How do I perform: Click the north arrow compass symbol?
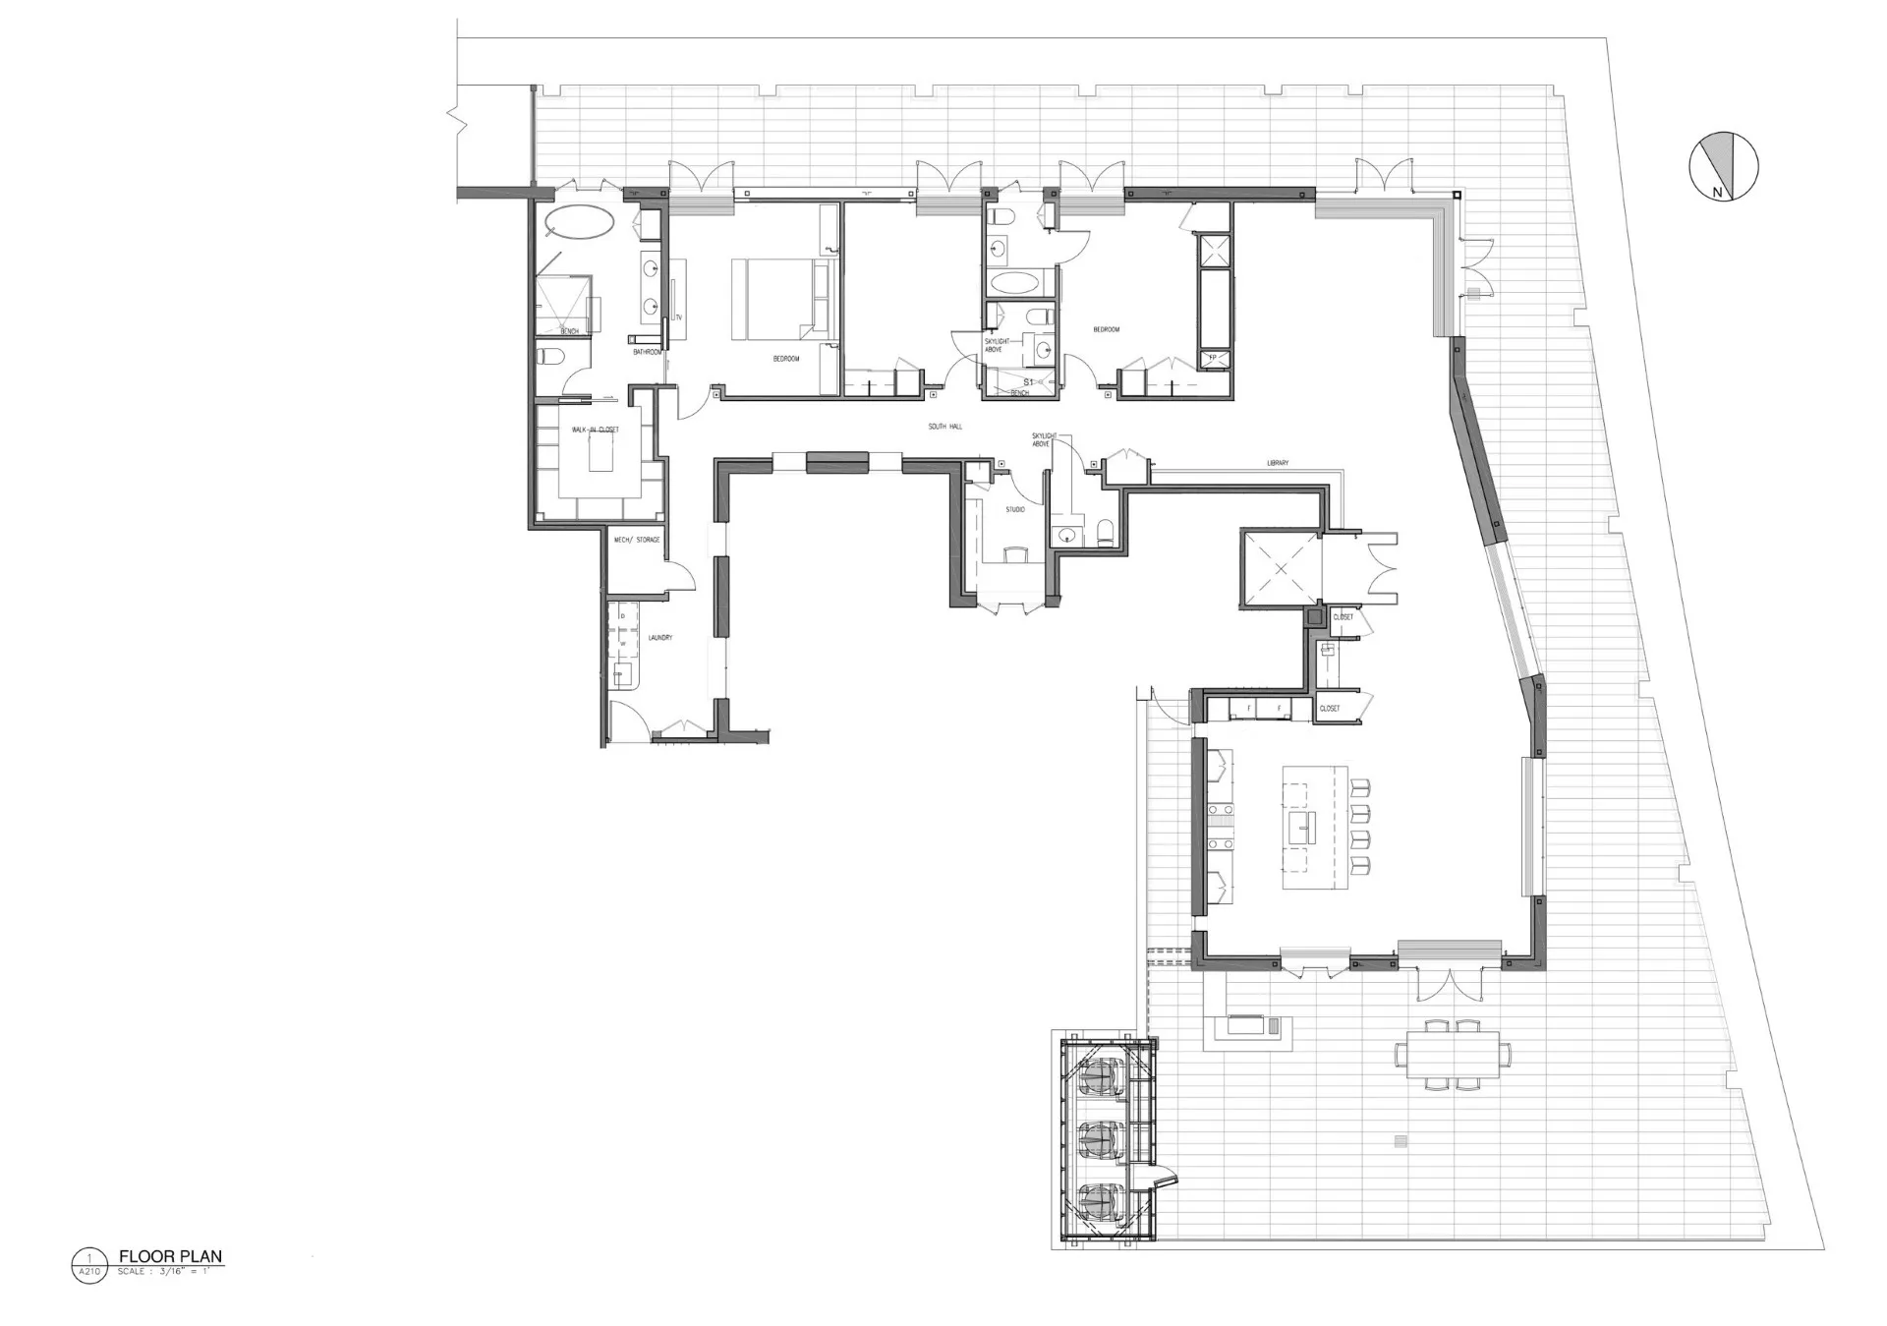pyautogui.click(x=1723, y=166)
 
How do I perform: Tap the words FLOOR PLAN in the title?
pyautogui.click(x=170, y=1255)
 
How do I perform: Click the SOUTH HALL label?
pyautogui.click(x=944, y=427)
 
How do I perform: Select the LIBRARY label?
pyautogui.click(x=1277, y=463)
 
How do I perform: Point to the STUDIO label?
pyautogui.click(x=1014, y=510)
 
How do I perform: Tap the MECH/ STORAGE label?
pyautogui.click(x=637, y=540)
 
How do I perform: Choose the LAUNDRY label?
pyautogui.click(x=659, y=638)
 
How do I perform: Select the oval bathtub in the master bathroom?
pyautogui.click(x=580, y=220)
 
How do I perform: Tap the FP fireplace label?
pyautogui.click(x=1212, y=358)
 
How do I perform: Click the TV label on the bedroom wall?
pyautogui.click(x=678, y=317)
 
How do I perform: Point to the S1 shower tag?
pyautogui.click(x=1029, y=380)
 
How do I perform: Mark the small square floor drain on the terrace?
pyautogui.click(x=1400, y=1141)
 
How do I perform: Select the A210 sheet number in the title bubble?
pyautogui.click(x=88, y=1272)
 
